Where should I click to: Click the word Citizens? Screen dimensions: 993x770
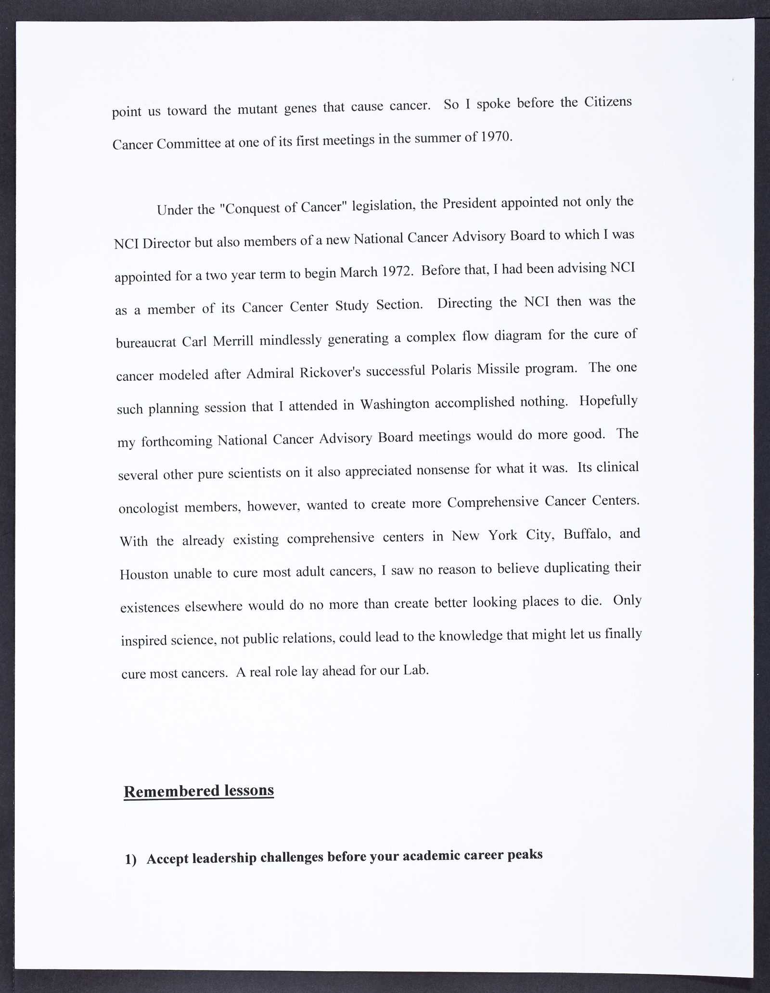click(607, 103)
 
